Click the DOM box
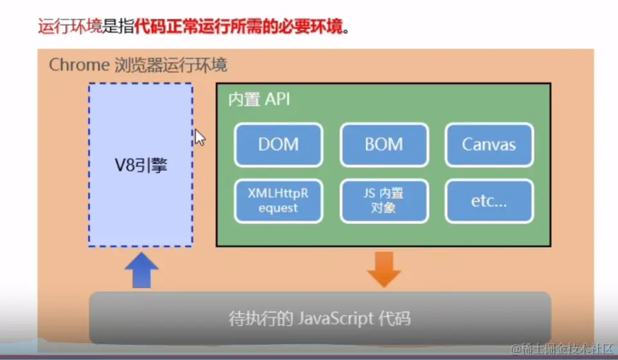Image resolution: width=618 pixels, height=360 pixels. click(x=279, y=145)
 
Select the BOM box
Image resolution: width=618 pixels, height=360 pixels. click(x=384, y=145)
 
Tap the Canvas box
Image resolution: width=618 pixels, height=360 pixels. click(x=489, y=145)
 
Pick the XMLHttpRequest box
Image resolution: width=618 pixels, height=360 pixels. click(x=279, y=200)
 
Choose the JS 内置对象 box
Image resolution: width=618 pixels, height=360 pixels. click(x=384, y=200)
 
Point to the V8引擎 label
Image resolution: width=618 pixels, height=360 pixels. click(x=140, y=165)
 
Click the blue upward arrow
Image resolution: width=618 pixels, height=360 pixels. click(x=141, y=271)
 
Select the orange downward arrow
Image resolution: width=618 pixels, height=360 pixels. click(x=384, y=269)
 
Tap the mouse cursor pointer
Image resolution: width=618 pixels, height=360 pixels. click(x=199, y=136)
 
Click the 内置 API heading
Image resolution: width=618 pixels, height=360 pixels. click(x=260, y=100)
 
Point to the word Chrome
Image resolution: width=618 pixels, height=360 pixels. click(x=78, y=66)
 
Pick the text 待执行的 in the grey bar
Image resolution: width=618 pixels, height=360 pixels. click(x=259, y=318)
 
